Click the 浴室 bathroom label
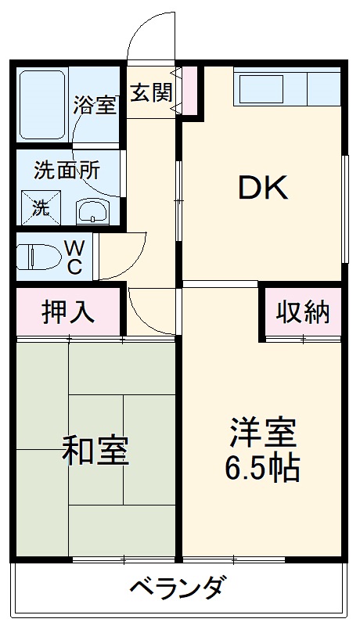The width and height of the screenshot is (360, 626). (95, 105)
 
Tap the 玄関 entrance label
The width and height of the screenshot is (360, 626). (151, 92)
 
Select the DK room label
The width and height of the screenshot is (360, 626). (264, 188)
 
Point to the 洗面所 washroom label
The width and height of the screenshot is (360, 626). (67, 170)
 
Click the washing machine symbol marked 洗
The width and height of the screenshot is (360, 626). (39, 208)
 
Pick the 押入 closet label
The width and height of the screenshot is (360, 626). (68, 311)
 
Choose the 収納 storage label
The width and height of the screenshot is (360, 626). (303, 311)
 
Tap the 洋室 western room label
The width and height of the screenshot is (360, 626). (263, 433)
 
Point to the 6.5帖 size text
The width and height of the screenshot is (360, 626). (263, 467)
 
